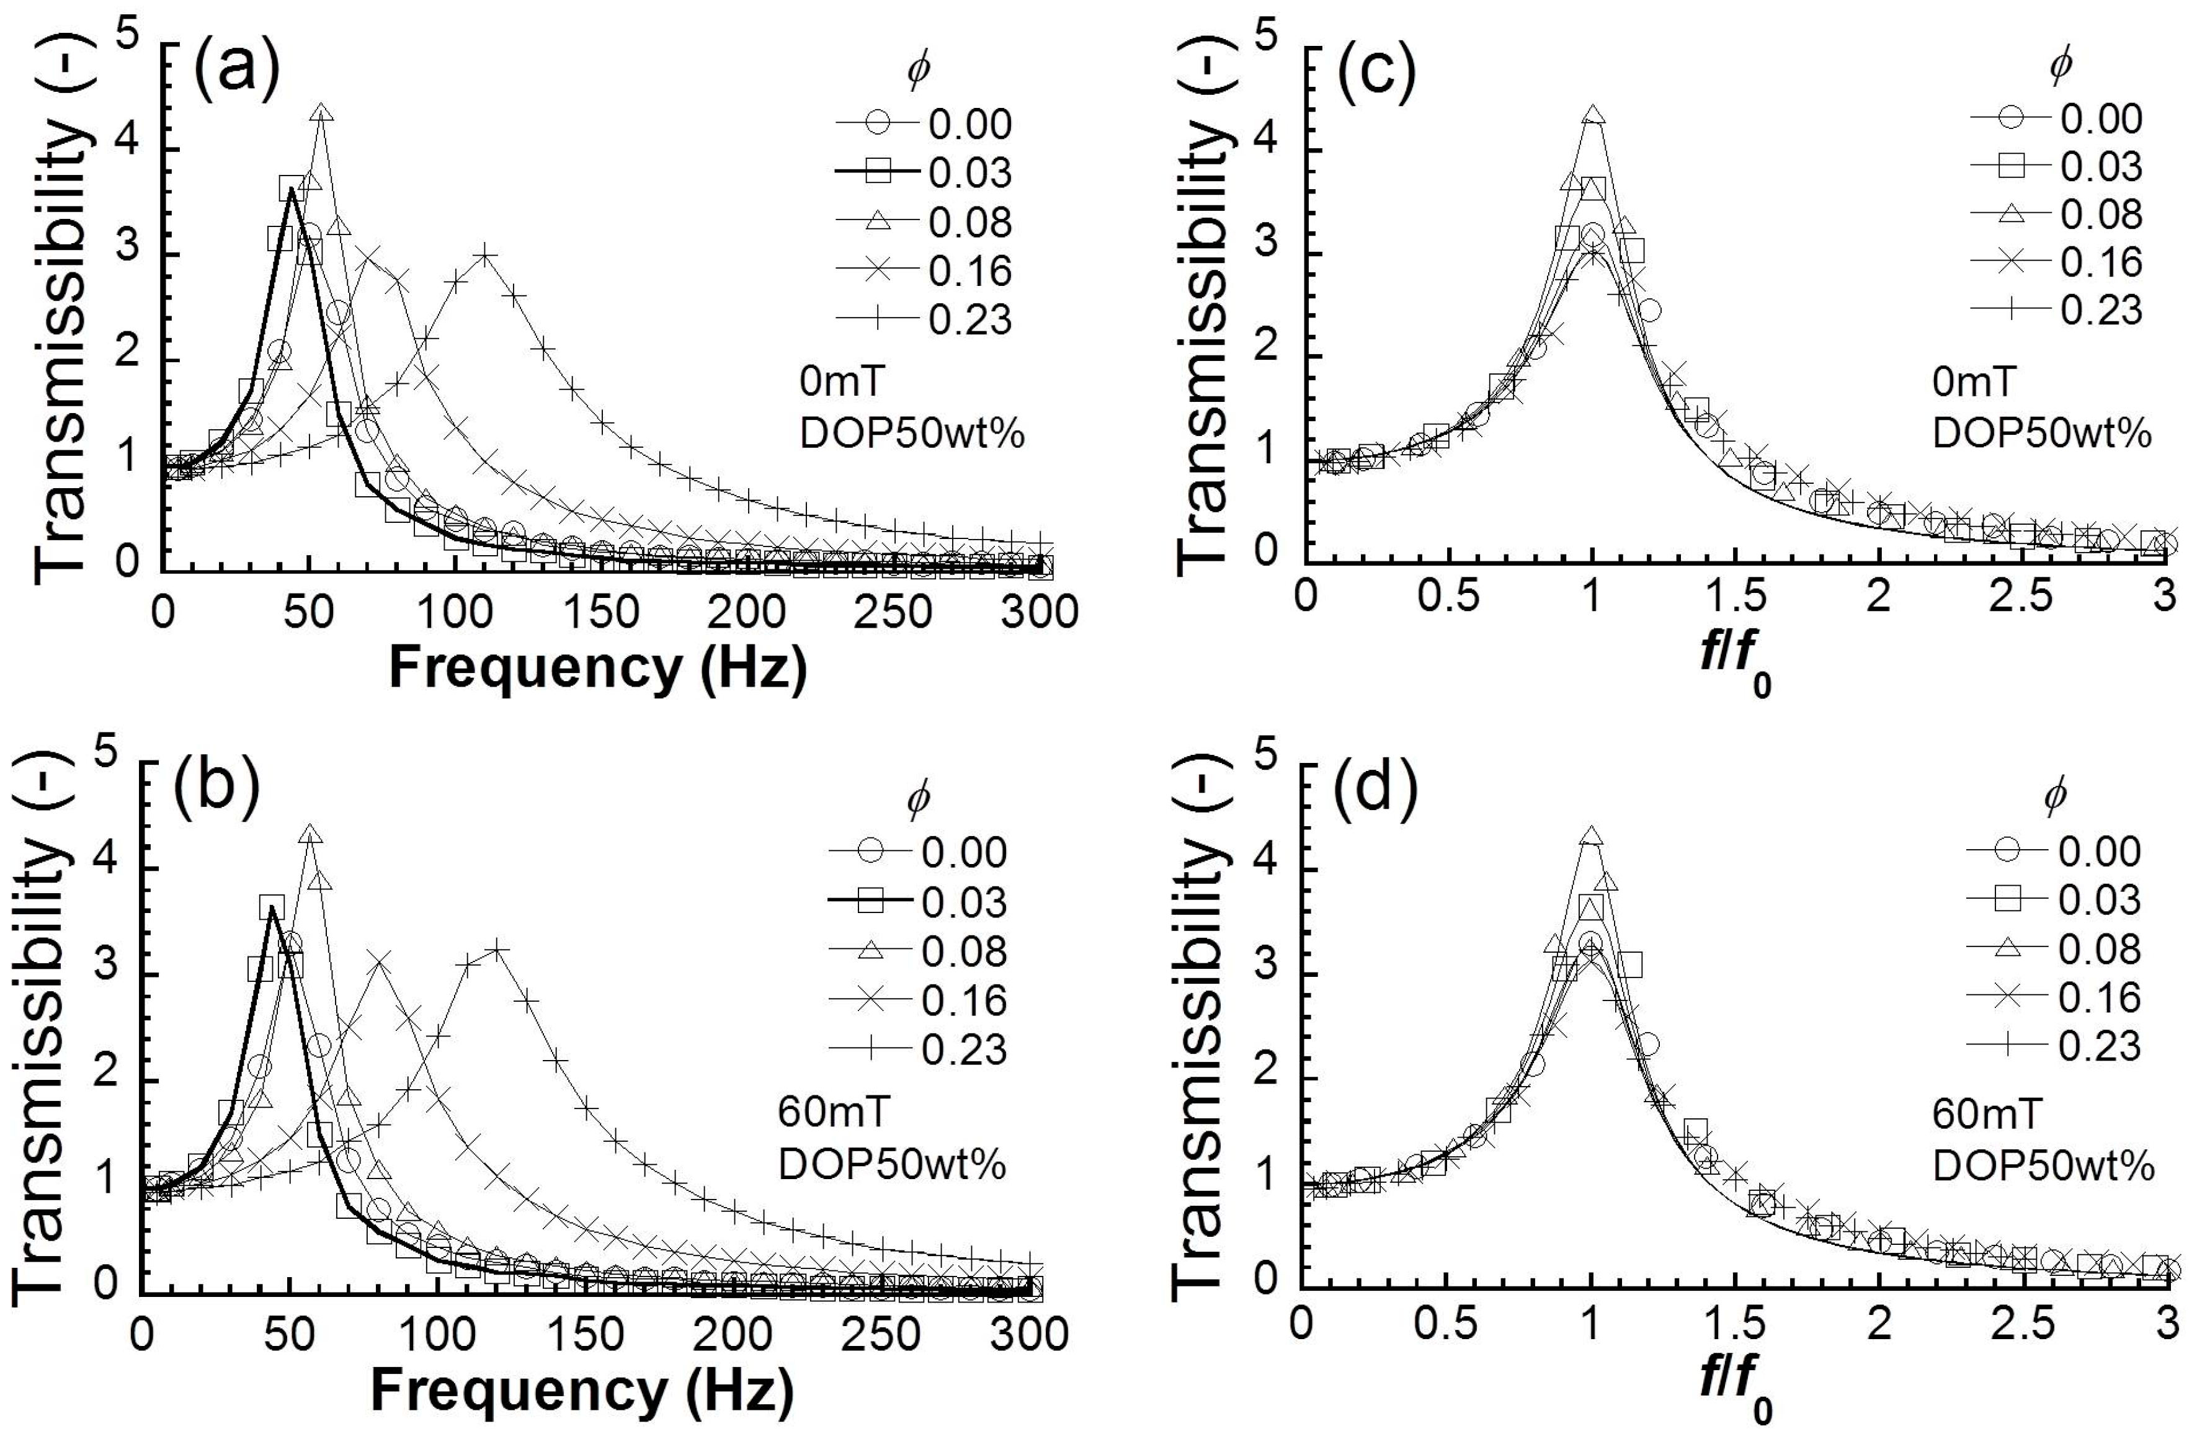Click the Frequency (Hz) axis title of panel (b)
[582, 1390]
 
